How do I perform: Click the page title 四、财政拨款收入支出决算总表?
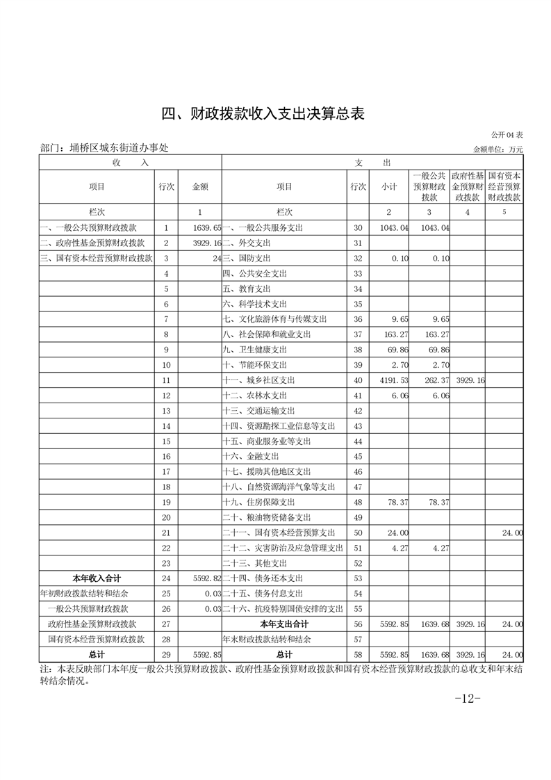[263, 115]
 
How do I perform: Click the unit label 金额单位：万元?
[497, 149]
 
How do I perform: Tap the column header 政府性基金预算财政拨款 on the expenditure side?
[468, 186]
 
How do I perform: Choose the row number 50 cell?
[358, 532]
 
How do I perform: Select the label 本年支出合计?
[283, 624]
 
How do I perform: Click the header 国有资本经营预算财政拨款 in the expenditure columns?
[505, 186]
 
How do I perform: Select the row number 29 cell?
[166, 654]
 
